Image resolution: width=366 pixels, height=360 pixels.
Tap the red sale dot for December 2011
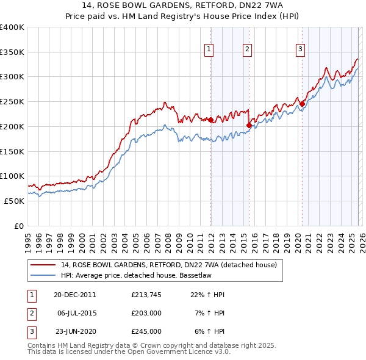click(x=211, y=120)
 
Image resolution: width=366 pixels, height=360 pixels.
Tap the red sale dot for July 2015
click(x=249, y=126)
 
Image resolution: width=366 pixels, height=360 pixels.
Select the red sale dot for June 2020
click(x=302, y=104)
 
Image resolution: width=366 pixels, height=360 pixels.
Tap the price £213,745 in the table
click(x=146, y=295)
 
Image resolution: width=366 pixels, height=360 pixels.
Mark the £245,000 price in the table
click(x=146, y=331)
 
